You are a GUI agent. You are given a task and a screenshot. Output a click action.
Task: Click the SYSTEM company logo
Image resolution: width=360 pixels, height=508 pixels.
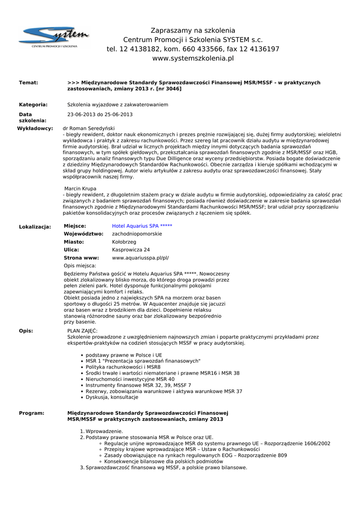54,37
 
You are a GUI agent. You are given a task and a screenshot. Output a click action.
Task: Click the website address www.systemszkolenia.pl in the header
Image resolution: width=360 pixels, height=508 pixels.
193,58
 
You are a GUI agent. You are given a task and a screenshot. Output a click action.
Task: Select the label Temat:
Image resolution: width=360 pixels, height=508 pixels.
28,83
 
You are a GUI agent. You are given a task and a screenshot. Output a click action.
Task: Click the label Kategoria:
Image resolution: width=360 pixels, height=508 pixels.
33,105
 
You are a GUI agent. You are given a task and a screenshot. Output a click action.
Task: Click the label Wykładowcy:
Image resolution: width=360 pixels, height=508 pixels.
35,128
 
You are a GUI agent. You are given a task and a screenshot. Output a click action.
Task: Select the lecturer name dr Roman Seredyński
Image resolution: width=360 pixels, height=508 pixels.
89,128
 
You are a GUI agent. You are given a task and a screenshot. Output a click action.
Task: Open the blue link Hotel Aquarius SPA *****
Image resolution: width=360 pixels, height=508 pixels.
142,226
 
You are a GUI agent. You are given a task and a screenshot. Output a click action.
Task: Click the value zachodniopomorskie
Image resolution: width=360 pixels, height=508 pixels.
137,234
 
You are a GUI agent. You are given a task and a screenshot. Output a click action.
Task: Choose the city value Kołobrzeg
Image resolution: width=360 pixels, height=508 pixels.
124,242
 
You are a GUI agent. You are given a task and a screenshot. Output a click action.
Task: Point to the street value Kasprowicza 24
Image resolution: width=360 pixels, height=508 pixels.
131,250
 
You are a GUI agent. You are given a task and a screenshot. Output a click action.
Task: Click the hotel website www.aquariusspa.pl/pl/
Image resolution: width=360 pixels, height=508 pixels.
141,258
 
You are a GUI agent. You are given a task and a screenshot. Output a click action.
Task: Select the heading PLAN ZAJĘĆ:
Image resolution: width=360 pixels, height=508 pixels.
82,330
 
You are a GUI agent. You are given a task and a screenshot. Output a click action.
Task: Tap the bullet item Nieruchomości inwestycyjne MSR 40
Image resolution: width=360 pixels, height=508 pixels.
130,379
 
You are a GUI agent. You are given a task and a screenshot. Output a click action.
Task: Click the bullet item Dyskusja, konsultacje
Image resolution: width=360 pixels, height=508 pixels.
112,397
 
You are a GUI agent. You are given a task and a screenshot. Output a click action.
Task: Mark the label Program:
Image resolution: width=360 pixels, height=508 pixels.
31,413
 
